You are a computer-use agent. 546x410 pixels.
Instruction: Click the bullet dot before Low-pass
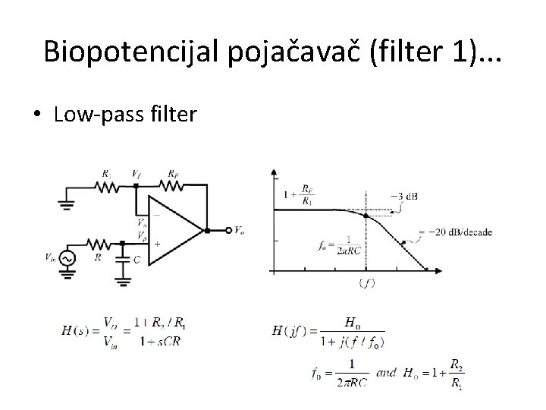pyautogui.click(x=37, y=115)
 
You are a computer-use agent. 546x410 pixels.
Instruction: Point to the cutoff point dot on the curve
pyautogui.click(x=366, y=216)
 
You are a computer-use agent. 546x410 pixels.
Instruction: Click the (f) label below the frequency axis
pyautogui.click(x=366, y=283)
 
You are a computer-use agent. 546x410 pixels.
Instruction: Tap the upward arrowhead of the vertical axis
pyautogui.click(x=273, y=172)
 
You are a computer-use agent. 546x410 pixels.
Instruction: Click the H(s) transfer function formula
pyautogui.click(x=125, y=332)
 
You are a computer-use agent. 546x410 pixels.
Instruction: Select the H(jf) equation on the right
pyautogui.click(x=328, y=332)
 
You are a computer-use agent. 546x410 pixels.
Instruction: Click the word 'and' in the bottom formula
pyautogui.click(x=386, y=374)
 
